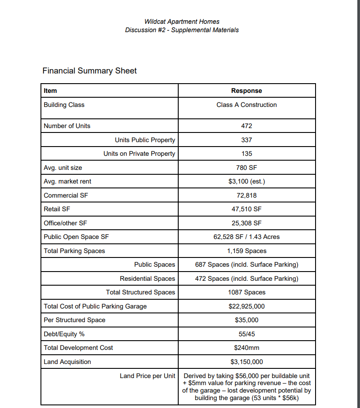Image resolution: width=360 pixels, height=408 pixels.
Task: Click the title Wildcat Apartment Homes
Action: [x=182, y=21]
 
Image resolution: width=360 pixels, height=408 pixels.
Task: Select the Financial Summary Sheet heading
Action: [x=89, y=71]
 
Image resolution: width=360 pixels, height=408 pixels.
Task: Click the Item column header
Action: [x=51, y=91]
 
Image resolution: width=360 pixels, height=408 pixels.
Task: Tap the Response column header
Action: [x=246, y=91]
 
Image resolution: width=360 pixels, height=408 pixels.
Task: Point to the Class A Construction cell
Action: [x=246, y=105]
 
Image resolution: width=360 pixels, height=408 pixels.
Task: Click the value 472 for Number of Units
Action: [x=246, y=126]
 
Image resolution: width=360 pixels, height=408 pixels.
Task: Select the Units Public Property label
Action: [x=145, y=140]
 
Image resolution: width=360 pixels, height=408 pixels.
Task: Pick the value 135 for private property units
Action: [x=246, y=154]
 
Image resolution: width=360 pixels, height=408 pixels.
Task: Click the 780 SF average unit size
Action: [x=246, y=168]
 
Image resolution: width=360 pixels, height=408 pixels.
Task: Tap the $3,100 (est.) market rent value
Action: [x=246, y=181]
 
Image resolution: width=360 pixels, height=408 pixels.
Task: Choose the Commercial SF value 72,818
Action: [x=246, y=195]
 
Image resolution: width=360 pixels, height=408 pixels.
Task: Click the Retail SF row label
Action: [x=57, y=209]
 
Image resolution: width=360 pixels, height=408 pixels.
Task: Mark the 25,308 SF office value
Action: [x=246, y=223]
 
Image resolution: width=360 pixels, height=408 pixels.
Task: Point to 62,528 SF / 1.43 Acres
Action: [x=246, y=237]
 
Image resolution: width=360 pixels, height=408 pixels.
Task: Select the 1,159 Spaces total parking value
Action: [x=246, y=251]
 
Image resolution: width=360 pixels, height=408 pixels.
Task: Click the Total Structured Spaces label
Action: [x=140, y=292]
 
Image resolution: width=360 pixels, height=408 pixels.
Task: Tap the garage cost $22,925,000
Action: [x=246, y=306]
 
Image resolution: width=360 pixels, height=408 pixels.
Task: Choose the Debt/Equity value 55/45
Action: [x=246, y=334]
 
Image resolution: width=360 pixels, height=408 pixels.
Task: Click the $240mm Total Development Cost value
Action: [x=246, y=348]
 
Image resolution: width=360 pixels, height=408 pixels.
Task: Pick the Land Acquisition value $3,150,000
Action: [x=246, y=362]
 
